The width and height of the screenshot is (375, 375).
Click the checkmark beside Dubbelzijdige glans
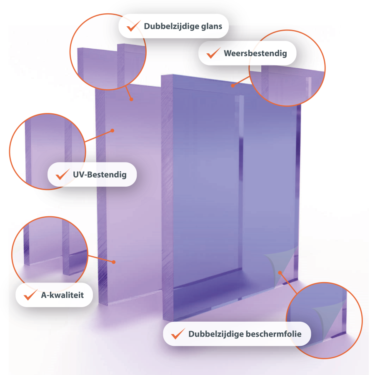(x=133, y=26)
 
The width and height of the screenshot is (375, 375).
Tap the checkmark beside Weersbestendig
(x=213, y=53)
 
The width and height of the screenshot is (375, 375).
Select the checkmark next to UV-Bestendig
(x=62, y=174)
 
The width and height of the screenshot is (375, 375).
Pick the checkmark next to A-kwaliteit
(x=30, y=295)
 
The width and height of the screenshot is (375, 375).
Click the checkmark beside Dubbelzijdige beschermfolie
(x=178, y=334)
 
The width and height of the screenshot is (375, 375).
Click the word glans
(x=211, y=27)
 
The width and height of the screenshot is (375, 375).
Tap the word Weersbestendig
(x=255, y=53)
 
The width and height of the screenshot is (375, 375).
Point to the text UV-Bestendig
(x=100, y=175)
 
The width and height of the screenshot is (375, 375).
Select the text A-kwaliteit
(x=62, y=295)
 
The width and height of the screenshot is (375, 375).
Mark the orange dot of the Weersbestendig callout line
(x=232, y=85)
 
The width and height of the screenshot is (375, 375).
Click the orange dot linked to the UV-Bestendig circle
(x=112, y=130)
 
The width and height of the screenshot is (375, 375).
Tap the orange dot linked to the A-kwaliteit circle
(x=114, y=262)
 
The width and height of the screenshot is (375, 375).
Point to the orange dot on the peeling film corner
(x=280, y=272)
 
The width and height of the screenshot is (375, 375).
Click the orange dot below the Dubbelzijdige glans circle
(x=131, y=99)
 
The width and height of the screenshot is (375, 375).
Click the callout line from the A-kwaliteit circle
(x=101, y=259)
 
